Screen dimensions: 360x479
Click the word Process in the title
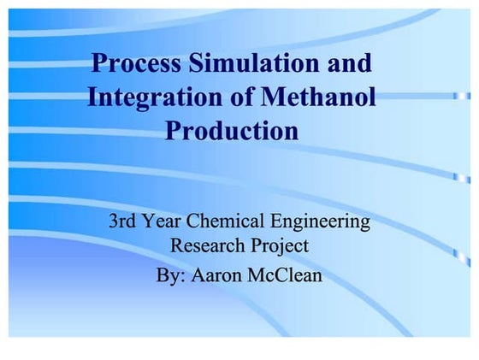click(137, 64)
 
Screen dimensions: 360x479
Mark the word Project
click(279, 247)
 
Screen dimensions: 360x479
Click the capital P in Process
click(99, 64)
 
